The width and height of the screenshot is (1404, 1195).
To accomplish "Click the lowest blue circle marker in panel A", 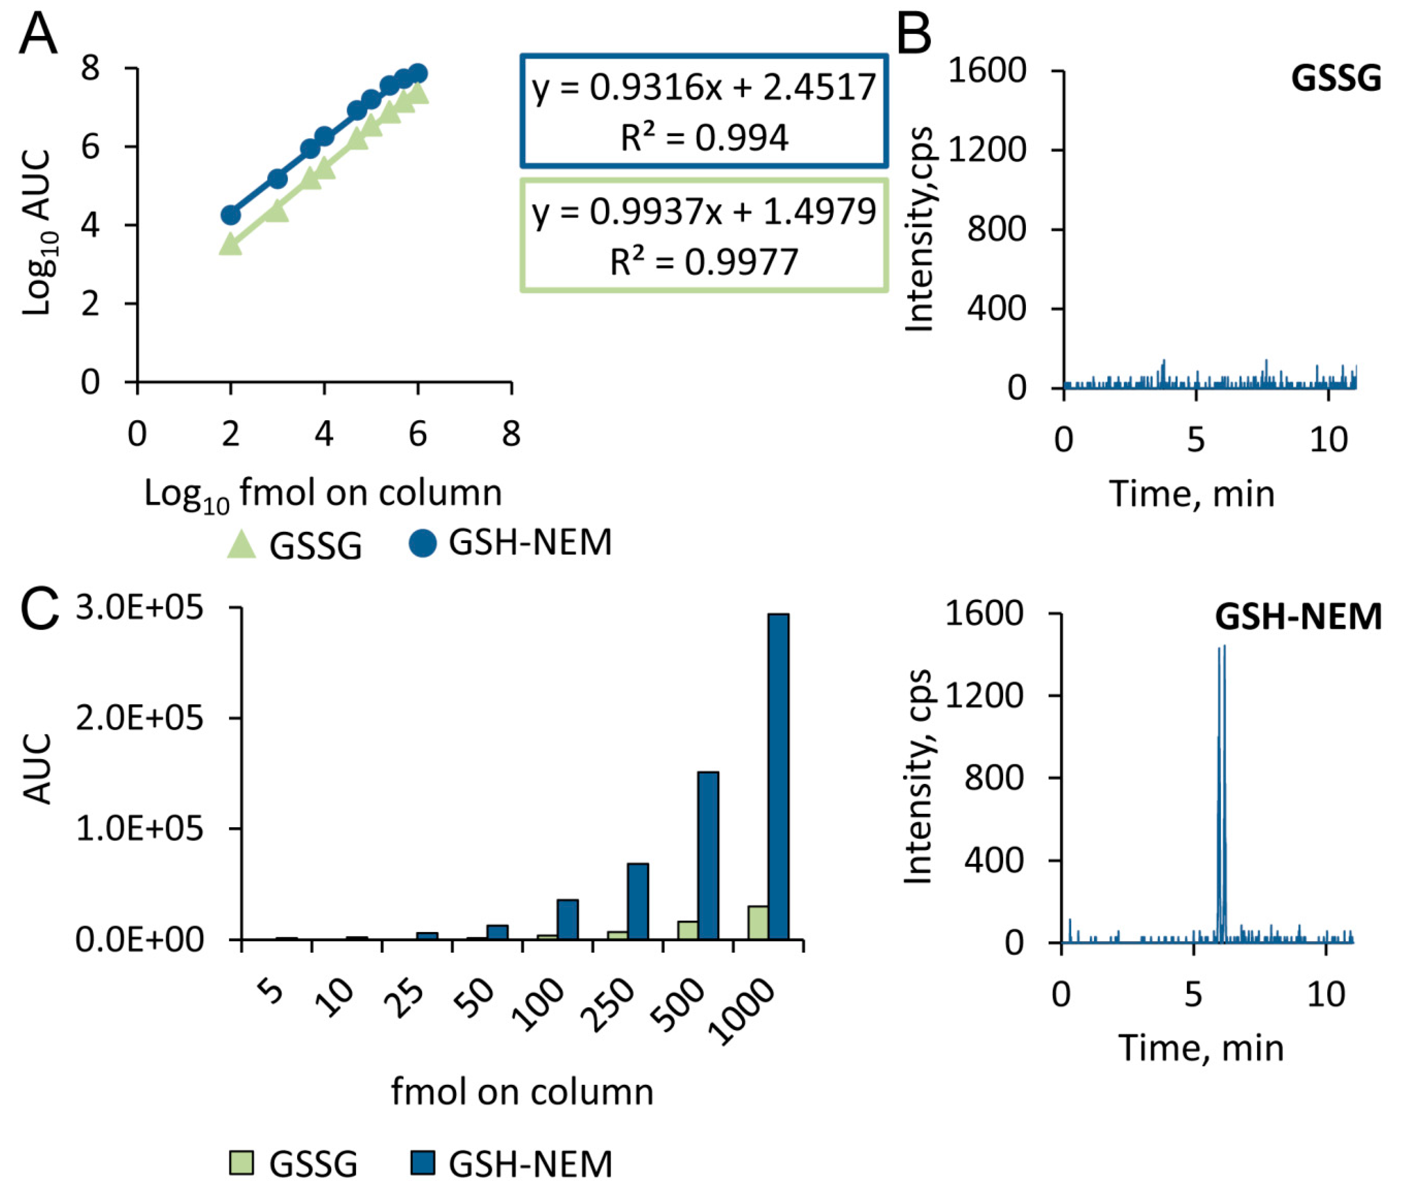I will [x=231, y=215].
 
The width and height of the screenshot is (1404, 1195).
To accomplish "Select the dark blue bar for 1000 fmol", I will [x=778, y=776].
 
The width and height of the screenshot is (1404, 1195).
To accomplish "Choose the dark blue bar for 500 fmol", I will [x=708, y=855].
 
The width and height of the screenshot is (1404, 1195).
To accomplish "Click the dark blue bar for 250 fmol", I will [x=637, y=901].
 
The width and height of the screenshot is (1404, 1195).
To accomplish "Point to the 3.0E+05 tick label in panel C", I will [x=139, y=608].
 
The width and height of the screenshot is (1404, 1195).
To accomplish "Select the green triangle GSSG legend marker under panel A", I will [x=242, y=545].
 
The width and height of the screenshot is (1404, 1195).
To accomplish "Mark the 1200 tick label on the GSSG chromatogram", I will [x=987, y=150].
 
